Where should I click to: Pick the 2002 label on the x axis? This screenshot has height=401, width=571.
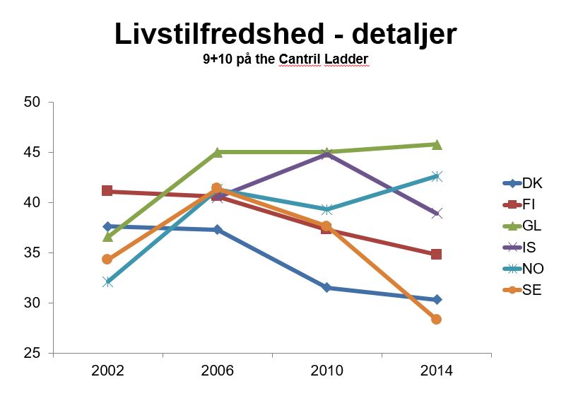(107, 371)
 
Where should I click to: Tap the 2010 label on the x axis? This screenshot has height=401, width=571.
(326, 371)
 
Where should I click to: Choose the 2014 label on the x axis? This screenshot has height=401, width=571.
(436, 371)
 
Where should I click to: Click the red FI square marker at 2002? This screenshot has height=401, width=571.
(107, 191)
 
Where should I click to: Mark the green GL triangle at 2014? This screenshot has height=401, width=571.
(437, 144)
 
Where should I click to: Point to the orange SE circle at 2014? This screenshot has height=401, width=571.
(437, 320)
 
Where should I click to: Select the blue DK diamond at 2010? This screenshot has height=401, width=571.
(327, 288)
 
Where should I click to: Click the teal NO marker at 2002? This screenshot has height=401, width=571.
(107, 281)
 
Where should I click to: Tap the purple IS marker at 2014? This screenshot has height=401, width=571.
(437, 214)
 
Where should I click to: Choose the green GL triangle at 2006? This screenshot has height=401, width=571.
(218, 151)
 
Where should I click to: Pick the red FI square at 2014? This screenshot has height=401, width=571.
(437, 254)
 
